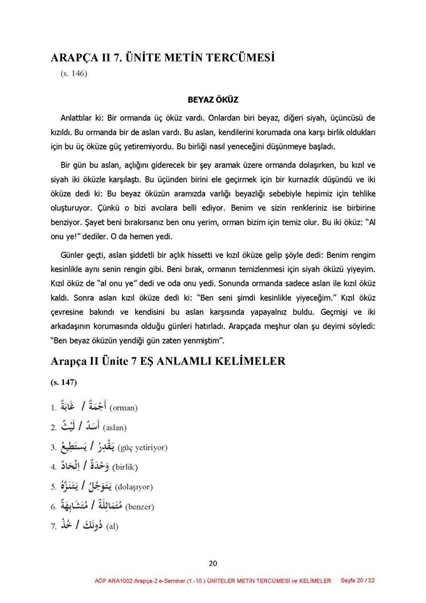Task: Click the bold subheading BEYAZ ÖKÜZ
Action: [x=213, y=99]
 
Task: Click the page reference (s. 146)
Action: [x=74, y=73]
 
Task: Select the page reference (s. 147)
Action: [x=64, y=382]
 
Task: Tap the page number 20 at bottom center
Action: [x=213, y=563]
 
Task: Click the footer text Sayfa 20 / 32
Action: [x=358, y=580]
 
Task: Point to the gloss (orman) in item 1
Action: [x=124, y=408]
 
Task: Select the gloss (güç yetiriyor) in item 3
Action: [x=142, y=448]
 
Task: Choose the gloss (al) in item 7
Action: [x=112, y=526]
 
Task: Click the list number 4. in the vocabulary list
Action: [x=54, y=468]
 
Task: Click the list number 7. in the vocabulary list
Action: [x=54, y=526]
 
